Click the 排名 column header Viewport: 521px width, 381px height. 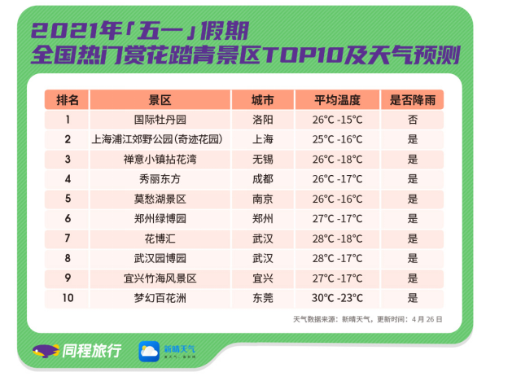pyautogui.click(x=68, y=99)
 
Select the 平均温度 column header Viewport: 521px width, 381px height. pyautogui.click(x=337, y=99)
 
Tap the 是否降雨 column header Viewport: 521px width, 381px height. pyautogui.click(x=413, y=99)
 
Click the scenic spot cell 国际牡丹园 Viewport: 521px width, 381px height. pyautogui.click(x=160, y=120)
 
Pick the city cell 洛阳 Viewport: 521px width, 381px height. pyautogui.click(x=262, y=120)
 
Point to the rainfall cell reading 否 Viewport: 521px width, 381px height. pyautogui.click(x=413, y=120)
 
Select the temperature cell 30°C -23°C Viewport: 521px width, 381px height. pyautogui.click(x=337, y=298)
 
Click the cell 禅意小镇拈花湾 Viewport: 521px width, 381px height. pyautogui.click(x=160, y=160)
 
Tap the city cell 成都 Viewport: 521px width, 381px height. pyautogui.click(x=262, y=179)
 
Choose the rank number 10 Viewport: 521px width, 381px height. pyautogui.click(x=68, y=298)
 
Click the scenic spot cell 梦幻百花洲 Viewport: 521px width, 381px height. pyautogui.click(x=160, y=298)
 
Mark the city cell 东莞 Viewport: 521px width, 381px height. pyautogui.click(x=262, y=298)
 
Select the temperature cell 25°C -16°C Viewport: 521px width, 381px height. pyautogui.click(x=337, y=139)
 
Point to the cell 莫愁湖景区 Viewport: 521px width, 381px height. pyautogui.click(x=160, y=199)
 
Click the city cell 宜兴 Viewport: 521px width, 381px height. pyautogui.click(x=262, y=278)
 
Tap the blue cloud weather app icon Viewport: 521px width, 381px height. pyautogui.click(x=149, y=351)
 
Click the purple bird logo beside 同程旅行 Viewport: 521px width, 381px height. pyautogui.click(x=46, y=351)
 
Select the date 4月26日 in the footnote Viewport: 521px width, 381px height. pyautogui.click(x=427, y=319)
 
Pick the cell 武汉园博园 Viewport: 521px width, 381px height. pyautogui.click(x=160, y=258)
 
